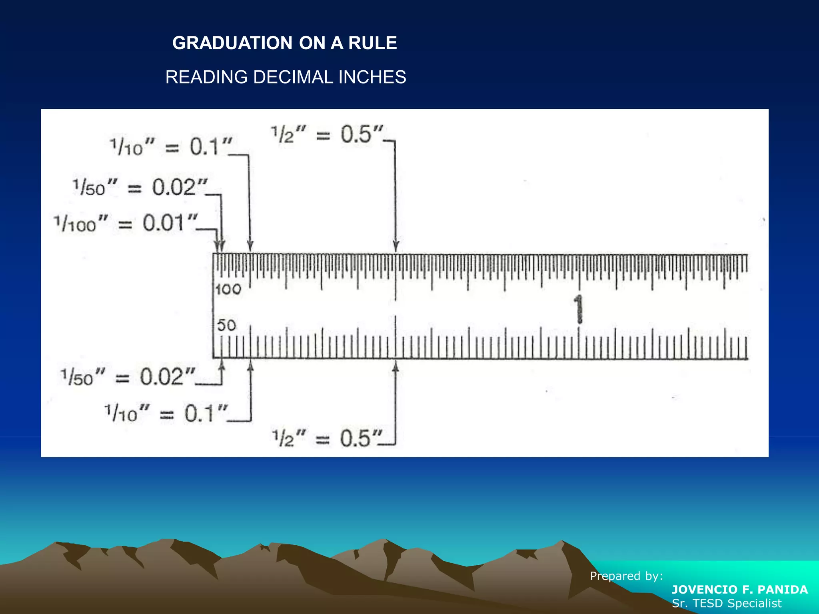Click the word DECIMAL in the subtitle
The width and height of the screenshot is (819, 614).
click(293, 77)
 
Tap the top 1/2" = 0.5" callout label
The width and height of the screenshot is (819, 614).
click(327, 134)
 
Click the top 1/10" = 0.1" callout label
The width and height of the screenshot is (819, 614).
click(171, 147)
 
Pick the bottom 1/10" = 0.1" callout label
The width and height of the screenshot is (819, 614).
click(166, 413)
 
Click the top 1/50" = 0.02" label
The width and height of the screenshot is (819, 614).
click(140, 187)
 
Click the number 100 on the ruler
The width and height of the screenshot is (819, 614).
click(228, 289)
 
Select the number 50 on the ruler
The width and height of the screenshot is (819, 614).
click(226, 325)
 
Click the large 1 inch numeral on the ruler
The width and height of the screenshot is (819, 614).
click(578, 309)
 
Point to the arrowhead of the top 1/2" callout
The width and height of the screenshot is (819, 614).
click(396, 247)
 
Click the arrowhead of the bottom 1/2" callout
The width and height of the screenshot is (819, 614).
click(396, 366)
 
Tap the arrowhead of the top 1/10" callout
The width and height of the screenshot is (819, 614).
click(250, 246)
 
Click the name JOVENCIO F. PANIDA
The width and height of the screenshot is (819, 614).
click(740, 590)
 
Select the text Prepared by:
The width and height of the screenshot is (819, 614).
click(627, 576)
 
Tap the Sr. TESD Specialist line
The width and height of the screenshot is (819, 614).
click(727, 603)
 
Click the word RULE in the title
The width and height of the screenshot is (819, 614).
click(372, 43)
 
